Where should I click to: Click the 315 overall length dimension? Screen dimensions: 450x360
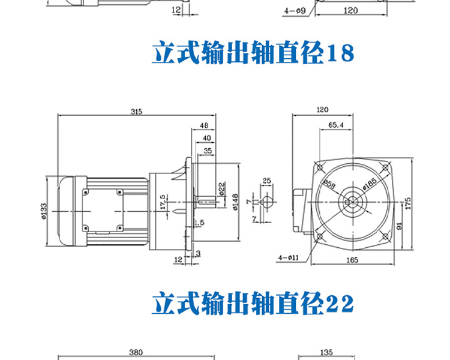tap(136, 112)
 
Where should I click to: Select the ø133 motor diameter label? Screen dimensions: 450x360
tap(44, 211)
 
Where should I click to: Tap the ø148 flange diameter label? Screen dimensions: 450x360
tap(235, 202)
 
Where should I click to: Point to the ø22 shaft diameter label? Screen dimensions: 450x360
tap(222, 189)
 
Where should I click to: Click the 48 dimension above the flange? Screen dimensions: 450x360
tap(204, 125)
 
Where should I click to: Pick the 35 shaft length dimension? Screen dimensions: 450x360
tap(208, 151)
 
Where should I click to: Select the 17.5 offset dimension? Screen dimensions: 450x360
tap(163, 202)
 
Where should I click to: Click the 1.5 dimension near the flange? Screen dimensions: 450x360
tap(199, 223)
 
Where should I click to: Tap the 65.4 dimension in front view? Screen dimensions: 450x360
tap(336, 125)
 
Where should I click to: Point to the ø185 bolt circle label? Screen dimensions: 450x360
tap(370, 184)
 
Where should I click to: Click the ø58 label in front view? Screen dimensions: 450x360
tap(329, 184)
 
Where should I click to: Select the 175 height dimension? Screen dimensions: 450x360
tap(408, 203)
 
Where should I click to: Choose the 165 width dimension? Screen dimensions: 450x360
tap(352, 260)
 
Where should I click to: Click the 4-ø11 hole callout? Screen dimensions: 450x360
tap(289, 257)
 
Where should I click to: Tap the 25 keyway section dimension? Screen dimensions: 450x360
tap(266, 181)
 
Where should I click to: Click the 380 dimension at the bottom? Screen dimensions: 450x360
tap(136, 352)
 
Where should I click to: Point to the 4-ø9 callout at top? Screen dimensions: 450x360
tap(295, 11)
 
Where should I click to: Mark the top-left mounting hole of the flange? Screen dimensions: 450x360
tap(320, 167)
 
